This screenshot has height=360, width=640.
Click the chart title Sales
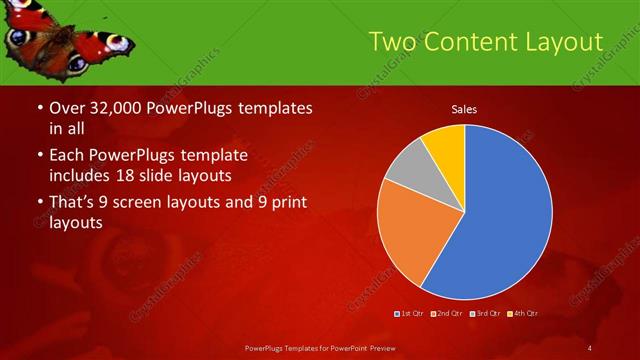(x=463, y=108)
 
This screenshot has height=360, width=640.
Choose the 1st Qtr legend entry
(x=410, y=314)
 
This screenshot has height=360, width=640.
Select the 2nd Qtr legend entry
(x=448, y=314)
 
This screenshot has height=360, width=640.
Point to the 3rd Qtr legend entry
(x=486, y=314)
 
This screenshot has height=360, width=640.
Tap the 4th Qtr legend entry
(x=523, y=314)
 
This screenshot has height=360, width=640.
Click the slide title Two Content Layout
(x=485, y=42)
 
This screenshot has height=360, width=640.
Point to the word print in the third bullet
(x=286, y=204)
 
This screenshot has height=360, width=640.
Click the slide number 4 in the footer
(x=590, y=347)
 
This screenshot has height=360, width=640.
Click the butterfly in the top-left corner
(x=65, y=35)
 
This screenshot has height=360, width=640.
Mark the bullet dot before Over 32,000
(x=39, y=109)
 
